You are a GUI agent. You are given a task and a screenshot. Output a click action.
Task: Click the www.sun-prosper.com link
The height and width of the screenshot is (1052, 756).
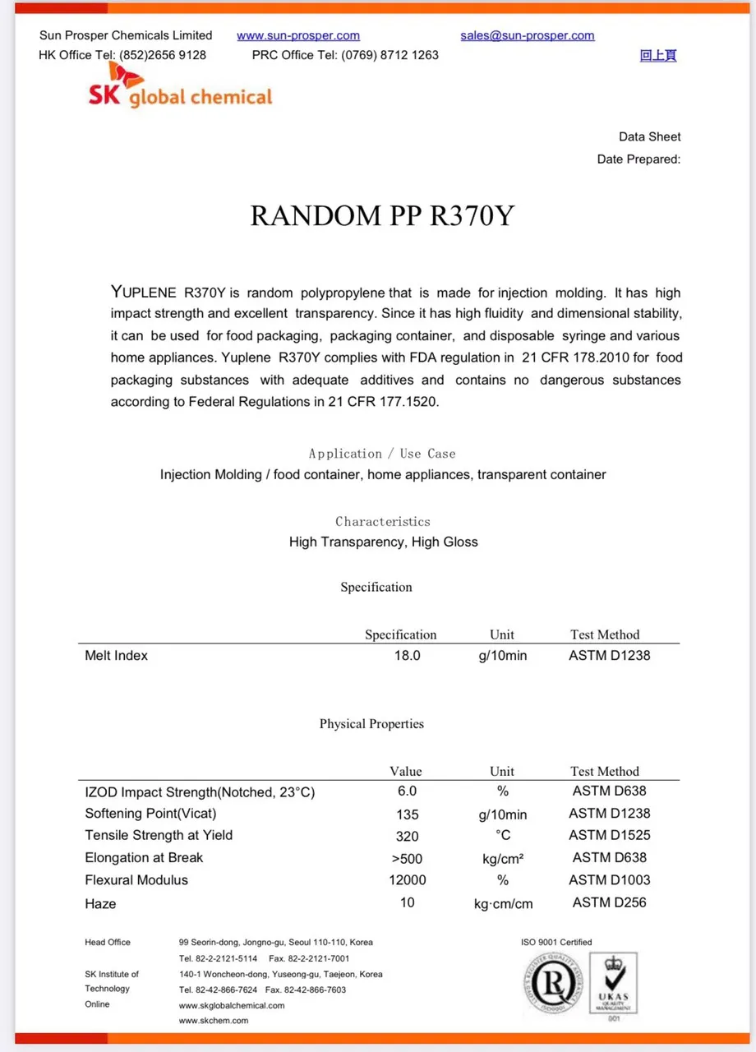(298, 35)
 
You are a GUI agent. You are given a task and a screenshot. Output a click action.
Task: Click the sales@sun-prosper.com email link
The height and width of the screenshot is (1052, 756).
(528, 35)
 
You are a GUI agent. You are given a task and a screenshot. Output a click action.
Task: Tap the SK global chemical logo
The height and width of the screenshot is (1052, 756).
(180, 90)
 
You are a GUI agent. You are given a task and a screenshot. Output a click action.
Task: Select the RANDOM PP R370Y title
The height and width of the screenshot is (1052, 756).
(382, 215)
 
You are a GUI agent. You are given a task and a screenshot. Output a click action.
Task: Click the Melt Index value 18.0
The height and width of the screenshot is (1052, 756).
(407, 656)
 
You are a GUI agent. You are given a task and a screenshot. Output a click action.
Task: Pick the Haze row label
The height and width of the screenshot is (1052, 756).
(100, 903)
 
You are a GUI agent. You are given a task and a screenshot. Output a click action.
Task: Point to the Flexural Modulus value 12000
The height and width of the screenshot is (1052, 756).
(407, 880)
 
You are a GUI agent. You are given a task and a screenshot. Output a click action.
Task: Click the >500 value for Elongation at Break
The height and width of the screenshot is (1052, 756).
(407, 858)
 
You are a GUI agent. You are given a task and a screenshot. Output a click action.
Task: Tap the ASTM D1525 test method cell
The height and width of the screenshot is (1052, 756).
(609, 835)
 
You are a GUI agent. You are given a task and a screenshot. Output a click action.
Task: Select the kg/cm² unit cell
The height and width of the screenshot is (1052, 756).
(503, 858)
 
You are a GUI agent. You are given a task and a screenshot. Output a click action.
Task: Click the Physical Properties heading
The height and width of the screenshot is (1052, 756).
(371, 724)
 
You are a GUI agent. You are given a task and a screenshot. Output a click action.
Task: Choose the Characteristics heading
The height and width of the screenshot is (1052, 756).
(382, 521)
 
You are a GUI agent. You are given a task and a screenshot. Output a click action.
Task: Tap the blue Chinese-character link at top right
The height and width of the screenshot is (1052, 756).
(657, 55)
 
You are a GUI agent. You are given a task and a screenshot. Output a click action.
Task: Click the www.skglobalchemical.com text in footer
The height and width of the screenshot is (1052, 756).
(232, 1005)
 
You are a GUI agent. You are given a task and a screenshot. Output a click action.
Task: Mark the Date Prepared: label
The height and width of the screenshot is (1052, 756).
(638, 159)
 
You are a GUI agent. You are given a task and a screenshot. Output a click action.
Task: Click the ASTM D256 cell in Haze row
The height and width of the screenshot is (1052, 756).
(609, 902)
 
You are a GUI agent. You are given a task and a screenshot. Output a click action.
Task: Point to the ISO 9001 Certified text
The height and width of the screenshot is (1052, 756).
(556, 942)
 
